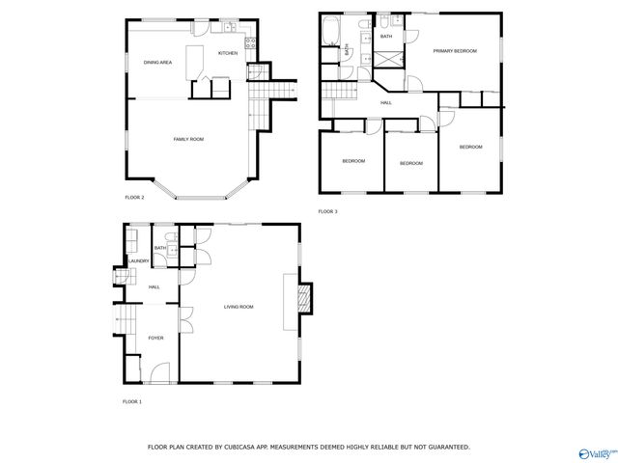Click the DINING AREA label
157,63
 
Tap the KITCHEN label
228,53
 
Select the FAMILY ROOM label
188,140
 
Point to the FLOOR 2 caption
134,198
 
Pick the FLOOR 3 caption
328,211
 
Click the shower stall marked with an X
386,56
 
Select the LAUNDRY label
137,260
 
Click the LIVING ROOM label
239,307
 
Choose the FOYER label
155,338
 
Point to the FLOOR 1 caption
131,401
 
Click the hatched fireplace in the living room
306,298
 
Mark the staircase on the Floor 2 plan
275,90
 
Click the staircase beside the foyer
126,318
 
